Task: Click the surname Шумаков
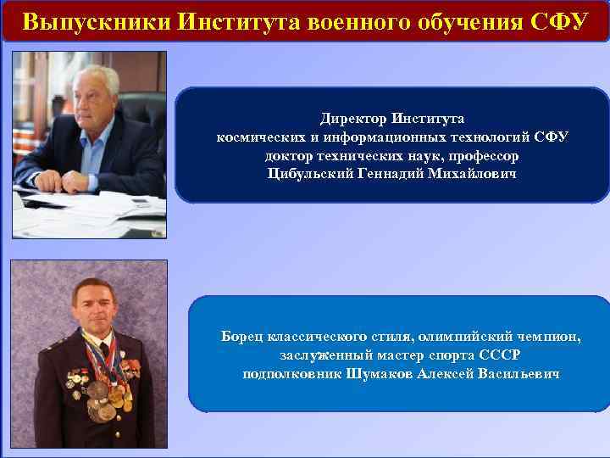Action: pyautogui.click(x=380, y=373)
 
